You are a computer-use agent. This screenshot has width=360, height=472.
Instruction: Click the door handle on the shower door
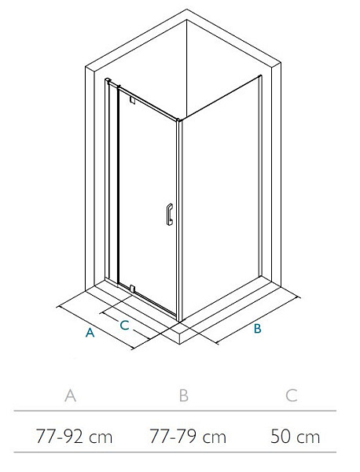click(169, 214)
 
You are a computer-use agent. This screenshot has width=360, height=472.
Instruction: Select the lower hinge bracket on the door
click(132, 289)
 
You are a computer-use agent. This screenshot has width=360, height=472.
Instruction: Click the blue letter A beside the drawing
click(90, 332)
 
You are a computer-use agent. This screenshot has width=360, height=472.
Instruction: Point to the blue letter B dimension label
click(258, 328)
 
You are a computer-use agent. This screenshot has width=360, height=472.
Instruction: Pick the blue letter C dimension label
click(124, 325)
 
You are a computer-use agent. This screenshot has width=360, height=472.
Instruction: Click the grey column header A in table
click(71, 395)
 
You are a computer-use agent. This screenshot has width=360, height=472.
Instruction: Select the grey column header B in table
click(183, 395)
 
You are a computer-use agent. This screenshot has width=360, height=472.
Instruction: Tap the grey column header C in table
click(292, 395)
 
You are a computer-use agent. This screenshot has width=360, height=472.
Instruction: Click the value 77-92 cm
click(74, 437)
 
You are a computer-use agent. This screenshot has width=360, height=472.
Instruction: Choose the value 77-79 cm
click(188, 437)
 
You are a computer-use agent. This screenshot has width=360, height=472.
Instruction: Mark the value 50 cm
click(295, 437)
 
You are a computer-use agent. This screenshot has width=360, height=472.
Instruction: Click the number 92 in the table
click(73, 437)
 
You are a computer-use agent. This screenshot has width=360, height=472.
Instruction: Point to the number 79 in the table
click(186, 437)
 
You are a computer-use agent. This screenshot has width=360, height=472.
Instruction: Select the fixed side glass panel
click(221, 196)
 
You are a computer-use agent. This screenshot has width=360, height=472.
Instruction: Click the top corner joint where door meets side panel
click(179, 120)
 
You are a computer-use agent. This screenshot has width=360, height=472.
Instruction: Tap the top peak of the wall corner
click(186, 9)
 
